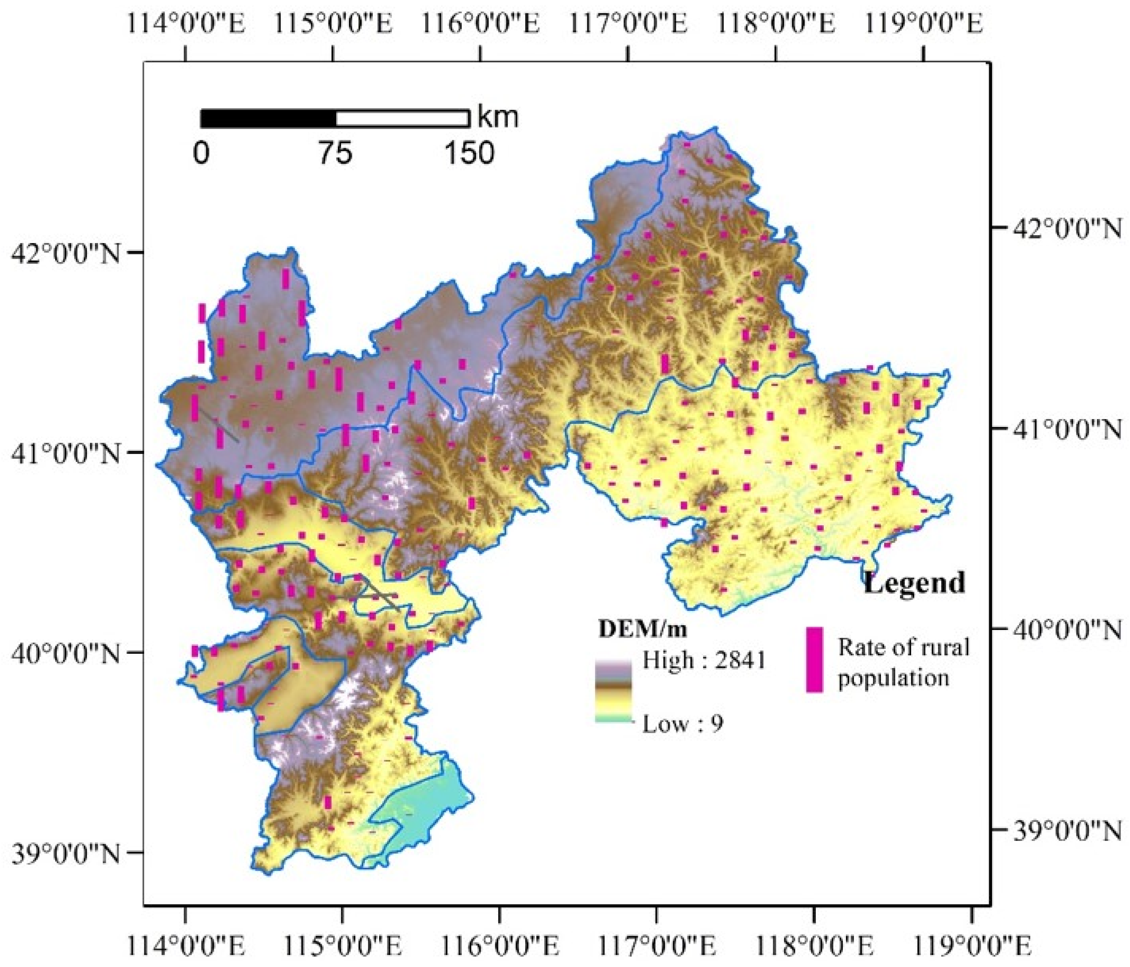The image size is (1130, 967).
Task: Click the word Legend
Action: (x=914, y=583)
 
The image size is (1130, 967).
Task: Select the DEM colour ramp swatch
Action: (x=613, y=691)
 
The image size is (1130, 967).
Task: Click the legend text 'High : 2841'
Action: (x=704, y=660)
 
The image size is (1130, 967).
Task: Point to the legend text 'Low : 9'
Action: (x=683, y=724)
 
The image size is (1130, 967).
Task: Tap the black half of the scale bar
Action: (x=268, y=118)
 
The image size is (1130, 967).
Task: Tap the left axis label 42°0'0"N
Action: (x=65, y=253)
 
